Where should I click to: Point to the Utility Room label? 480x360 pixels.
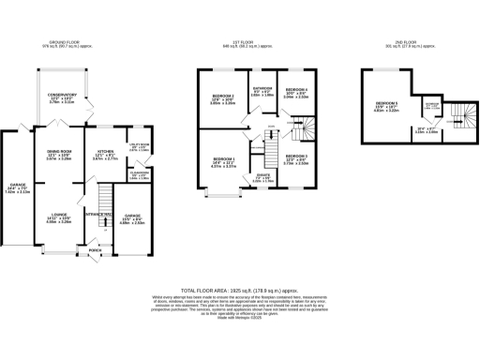[x=139, y=145]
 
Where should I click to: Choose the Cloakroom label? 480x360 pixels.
[x=139, y=174]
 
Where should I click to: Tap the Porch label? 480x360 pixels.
[x=95, y=250]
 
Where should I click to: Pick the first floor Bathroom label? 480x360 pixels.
[x=262, y=91]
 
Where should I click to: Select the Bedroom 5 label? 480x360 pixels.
[x=387, y=106]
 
